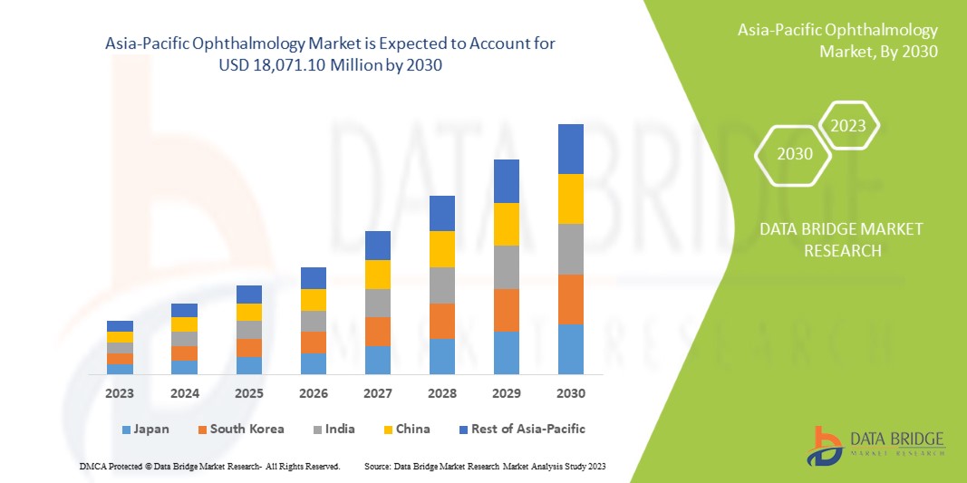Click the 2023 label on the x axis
tap(120, 394)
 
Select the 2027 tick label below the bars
tap(378, 394)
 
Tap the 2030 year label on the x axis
tap(570, 394)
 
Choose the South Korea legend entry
tap(240, 429)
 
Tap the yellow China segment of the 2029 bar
tap(506, 224)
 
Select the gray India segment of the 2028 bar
tap(441, 285)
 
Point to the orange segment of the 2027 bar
tap(378, 331)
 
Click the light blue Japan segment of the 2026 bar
tap(314, 363)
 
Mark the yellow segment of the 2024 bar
tap(184, 324)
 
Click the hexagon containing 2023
tap(848, 126)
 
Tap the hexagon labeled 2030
tap(795, 153)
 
